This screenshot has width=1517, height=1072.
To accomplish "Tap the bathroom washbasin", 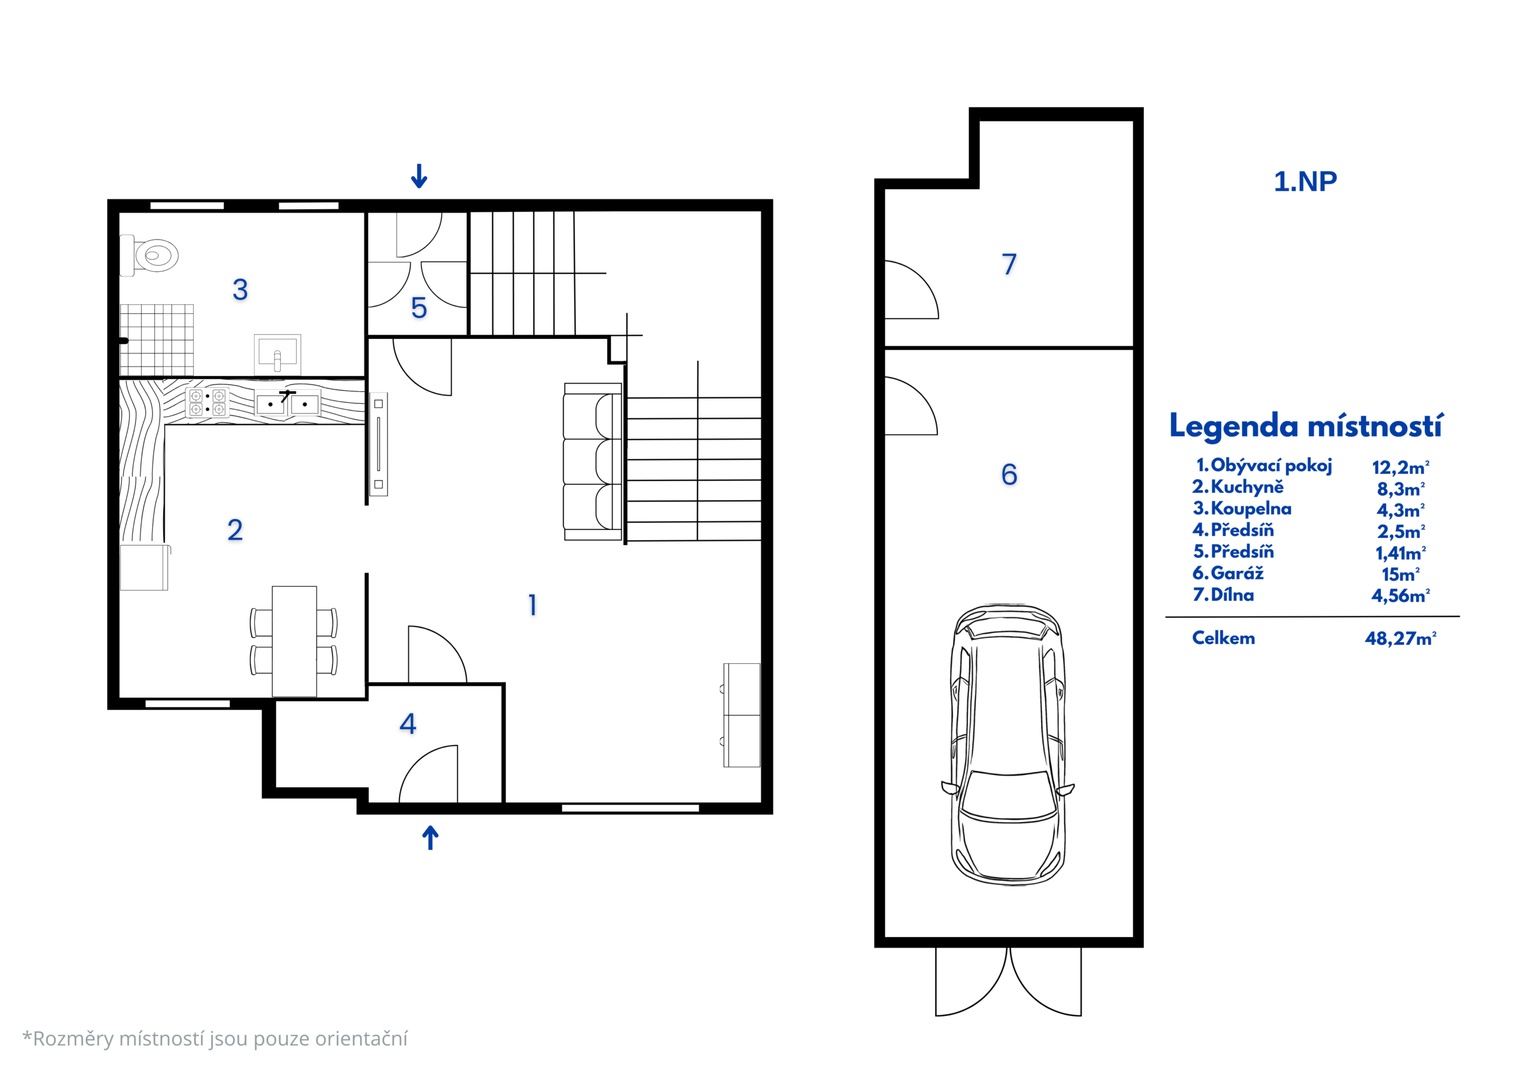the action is point(277,355).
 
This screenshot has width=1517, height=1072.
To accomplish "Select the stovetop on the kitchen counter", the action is point(207,403).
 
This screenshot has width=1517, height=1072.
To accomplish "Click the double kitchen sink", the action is point(287,403).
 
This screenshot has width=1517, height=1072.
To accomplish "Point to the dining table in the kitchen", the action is point(294,641).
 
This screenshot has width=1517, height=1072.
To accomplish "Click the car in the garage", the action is point(1007,744).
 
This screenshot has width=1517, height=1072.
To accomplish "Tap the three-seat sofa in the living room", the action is point(593,462).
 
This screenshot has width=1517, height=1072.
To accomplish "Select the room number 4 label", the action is point(408,724).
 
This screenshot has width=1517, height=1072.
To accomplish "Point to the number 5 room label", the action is point(419,308).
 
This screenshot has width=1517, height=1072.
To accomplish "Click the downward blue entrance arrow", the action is point(419,176).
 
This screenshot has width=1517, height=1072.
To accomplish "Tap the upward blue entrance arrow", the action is point(430,837).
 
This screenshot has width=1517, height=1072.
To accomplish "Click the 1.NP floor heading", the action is point(1305,182).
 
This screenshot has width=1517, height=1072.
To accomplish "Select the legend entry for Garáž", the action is point(1228,573).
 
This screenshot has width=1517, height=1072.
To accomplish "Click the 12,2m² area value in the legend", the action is point(1401,467).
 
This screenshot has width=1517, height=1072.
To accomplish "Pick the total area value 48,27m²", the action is point(1401,638).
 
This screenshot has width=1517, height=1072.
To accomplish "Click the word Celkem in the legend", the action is point(1223,638).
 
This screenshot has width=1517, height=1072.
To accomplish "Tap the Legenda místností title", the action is point(1306,426).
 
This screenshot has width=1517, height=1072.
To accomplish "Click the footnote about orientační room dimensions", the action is point(215,1039).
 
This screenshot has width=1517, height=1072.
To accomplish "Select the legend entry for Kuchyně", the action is point(1237,487).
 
